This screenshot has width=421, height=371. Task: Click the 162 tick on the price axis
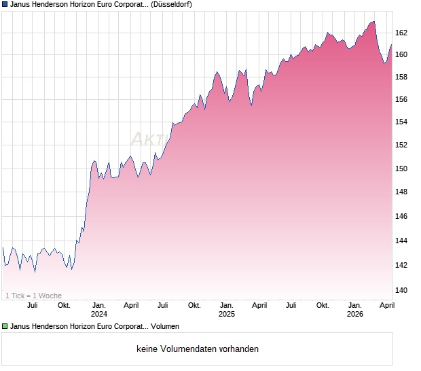pyautogui.click(x=401, y=32)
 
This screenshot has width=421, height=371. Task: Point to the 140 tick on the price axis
pyautogui.click(x=401, y=290)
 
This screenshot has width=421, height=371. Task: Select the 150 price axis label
pyautogui.click(x=401, y=169)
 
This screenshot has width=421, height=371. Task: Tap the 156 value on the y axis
pyautogui.click(x=401, y=99)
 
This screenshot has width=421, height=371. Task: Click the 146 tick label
pyautogui.click(x=401, y=216)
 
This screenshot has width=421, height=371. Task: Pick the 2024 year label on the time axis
pyautogui.click(x=99, y=314)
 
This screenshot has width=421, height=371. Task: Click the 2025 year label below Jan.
pyautogui.click(x=227, y=314)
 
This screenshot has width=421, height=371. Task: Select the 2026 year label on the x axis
pyautogui.click(x=354, y=314)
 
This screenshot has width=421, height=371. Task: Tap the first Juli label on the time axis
pyautogui.click(x=32, y=305)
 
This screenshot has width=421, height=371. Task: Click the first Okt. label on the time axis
pyautogui.click(x=64, y=305)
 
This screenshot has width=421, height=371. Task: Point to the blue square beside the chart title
pyautogui.click(x=5, y=4)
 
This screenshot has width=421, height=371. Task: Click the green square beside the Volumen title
pyautogui.click(x=5, y=327)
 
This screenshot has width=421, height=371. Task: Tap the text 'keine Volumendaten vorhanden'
pyautogui.click(x=198, y=349)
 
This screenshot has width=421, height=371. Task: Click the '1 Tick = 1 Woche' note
pyautogui.click(x=33, y=296)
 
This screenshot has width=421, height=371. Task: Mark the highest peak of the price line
pyautogui.click(x=373, y=21)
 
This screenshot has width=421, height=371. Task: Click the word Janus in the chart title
pyautogui.click(x=22, y=4)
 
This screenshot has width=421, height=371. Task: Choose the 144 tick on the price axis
pyautogui.click(x=401, y=241)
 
